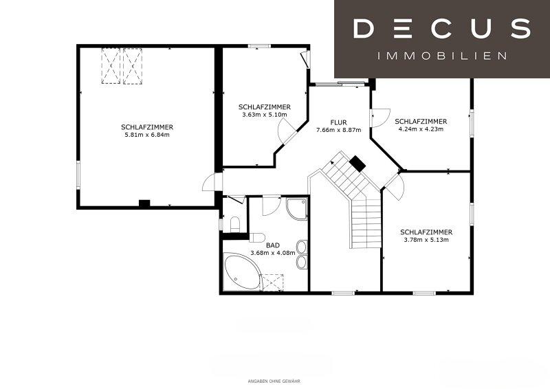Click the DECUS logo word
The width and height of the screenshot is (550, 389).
pos(442,28)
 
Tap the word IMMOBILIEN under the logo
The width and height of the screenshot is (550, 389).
pos(442,56)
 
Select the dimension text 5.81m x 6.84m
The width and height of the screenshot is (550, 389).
pos(147,135)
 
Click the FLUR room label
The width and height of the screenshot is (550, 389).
pos(338,122)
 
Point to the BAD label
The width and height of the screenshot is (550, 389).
pos(272,245)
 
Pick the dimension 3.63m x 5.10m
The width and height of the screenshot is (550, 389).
pos(265,115)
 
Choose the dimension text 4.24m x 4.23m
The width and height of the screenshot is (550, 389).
pos(421,129)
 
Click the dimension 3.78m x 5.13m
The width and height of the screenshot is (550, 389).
pos(426,240)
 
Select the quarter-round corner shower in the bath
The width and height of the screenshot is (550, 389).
pos(297,209)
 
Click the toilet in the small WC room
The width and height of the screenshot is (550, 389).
pos(234,225)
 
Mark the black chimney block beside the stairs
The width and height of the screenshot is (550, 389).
pos(357,164)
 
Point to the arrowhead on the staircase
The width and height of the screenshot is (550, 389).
pos(332,163)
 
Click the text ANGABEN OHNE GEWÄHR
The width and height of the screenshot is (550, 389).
pos(274,381)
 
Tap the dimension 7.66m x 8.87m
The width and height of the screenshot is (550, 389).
pos(338,130)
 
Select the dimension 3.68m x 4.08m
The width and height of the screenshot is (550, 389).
pos(272,252)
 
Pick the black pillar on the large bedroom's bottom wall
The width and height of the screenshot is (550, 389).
pos(144,203)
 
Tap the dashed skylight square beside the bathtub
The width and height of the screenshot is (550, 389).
pos(273,282)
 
